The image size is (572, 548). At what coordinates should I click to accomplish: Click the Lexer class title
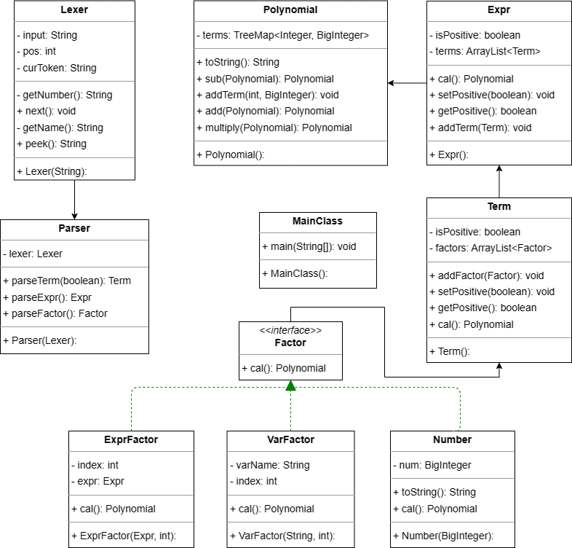tap(74, 10)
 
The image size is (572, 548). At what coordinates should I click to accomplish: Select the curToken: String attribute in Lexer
tap(57, 68)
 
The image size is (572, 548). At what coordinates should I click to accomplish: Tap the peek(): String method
tap(52, 144)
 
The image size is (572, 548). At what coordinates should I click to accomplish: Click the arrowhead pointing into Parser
tap(74, 216)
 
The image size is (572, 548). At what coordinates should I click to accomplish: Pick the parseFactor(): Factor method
tap(55, 313)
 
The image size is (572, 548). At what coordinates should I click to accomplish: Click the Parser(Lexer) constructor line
tap(40, 340)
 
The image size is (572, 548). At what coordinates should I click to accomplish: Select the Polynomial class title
tap(290, 10)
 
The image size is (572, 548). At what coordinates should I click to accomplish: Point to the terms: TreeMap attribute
tap(282, 35)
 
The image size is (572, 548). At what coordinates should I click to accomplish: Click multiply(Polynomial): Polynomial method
tap(274, 128)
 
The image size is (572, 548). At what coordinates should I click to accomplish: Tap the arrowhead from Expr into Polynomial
tap(391, 83)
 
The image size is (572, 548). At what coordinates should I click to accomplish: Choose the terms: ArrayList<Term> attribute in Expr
tap(485, 51)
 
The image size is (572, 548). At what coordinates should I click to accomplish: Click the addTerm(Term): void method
tap(480, 128)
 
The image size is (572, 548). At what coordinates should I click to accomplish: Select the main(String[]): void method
tap(309, 246)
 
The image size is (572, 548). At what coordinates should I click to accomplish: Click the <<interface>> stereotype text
tap(290, 330)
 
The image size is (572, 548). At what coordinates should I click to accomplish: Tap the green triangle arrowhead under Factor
tap(291, 385)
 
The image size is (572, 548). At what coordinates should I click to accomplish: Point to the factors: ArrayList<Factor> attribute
tap(490, 248)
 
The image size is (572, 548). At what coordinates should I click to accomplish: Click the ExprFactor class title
tap(131, 439)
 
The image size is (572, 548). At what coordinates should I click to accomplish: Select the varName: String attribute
tap(269, 465)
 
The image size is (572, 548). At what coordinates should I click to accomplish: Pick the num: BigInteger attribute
tap(432, 465)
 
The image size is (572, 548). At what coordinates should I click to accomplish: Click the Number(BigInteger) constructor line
tap(443, 536)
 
